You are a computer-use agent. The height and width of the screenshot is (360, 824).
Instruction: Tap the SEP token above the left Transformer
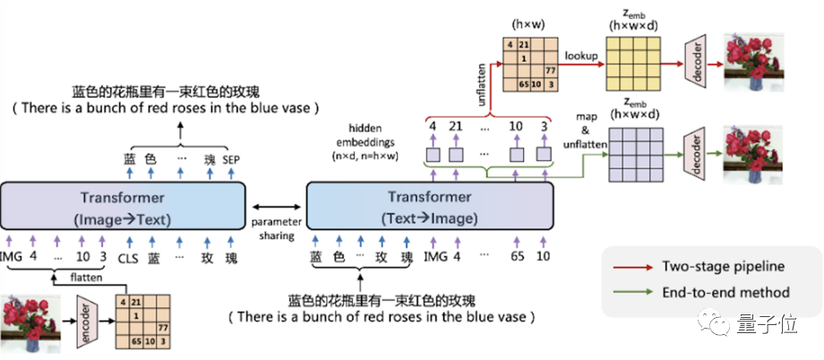(x=232, y=160)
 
